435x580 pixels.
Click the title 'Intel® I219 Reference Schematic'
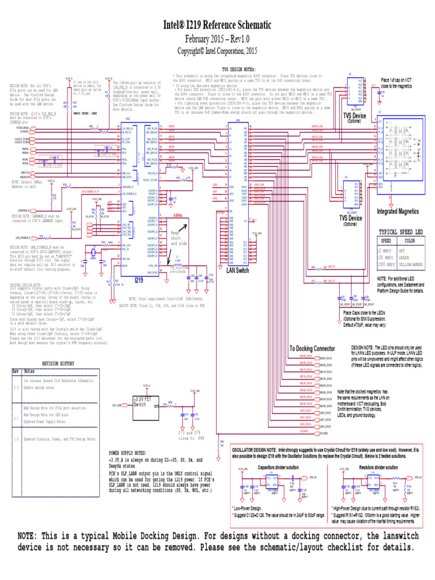point(217,25)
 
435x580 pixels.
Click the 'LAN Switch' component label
point(238,271)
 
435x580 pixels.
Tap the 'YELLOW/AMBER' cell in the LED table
point(410,264)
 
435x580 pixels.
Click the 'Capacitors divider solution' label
point(279,468)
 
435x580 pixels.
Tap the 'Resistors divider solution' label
point(378,468)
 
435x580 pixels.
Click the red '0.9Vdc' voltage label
point(178,216)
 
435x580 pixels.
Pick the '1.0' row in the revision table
point(16,439)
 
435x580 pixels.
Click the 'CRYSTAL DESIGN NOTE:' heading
point(26,285)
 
